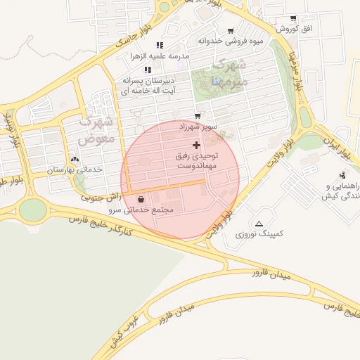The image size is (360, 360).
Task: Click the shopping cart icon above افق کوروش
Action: [292, 19]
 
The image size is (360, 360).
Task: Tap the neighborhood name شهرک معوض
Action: [96, 131]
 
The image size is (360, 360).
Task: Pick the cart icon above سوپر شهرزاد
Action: [197, 116]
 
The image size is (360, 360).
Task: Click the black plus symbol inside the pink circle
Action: [196, 144]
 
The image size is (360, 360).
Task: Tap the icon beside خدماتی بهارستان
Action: [75, 160]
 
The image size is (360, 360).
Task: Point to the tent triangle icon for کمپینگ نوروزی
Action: [259, 224]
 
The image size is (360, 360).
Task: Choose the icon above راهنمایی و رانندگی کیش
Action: [342, 175]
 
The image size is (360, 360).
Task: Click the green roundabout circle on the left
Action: [31, 210]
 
